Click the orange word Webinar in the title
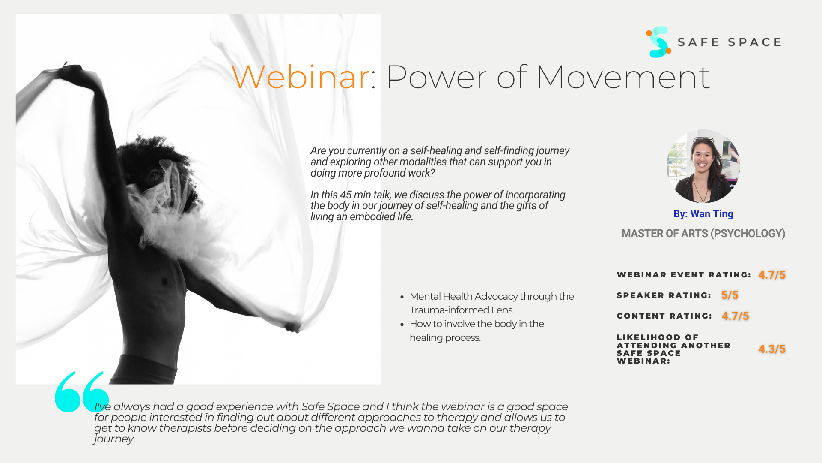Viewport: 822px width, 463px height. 301,77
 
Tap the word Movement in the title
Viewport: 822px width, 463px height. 623,77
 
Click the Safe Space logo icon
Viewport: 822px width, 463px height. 658,42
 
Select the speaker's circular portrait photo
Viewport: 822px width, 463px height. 703,166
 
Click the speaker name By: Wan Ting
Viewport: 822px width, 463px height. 703,214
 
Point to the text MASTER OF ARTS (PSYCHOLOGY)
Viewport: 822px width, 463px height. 703,234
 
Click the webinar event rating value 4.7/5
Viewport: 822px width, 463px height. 772,275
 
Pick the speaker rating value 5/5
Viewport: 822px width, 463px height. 730,295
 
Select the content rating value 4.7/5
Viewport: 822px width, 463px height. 736,316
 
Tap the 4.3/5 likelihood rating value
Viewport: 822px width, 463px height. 772,349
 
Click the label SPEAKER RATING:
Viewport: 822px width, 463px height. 664,295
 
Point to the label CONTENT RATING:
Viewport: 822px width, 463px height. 664,316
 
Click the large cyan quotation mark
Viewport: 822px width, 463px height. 81,391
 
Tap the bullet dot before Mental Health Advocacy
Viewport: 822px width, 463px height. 402,297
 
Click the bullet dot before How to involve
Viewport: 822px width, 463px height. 402,324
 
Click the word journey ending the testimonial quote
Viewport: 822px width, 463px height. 113,439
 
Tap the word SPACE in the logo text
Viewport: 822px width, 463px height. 755,42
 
